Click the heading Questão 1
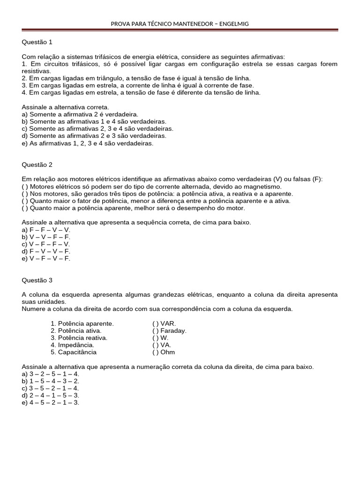tap(37, 42)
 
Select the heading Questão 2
tap(37, 165)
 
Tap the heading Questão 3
tap(37, 280)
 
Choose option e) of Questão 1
tap(88, 143)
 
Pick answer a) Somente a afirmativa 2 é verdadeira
tap(80, 114)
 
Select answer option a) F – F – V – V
tap(46, 230)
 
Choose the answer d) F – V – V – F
tap(46, 251)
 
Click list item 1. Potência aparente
tap(82, 323)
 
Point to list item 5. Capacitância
tap(74, 352)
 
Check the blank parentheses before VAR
tap(155, 323)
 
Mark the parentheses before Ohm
tap(155, 352)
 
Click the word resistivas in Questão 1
tap(36, 71)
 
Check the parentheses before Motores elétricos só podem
tap(24, 187)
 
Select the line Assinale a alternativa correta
tap(65, 107)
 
